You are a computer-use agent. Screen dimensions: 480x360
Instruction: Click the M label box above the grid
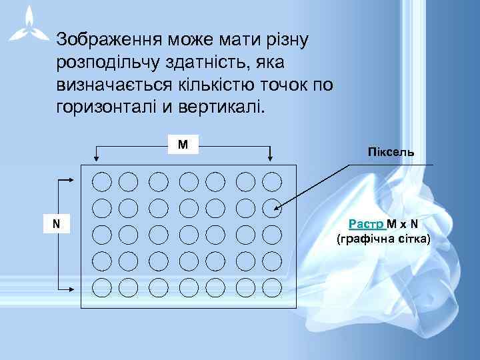183,145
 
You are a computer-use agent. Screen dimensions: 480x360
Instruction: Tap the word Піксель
391,153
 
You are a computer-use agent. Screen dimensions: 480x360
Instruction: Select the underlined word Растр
366,225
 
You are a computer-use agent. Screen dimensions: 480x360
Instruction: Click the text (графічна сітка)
383,239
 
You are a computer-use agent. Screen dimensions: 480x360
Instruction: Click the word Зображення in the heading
107,39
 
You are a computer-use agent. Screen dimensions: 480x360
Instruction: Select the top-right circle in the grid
272,181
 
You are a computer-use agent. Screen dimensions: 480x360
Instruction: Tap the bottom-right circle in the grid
272,287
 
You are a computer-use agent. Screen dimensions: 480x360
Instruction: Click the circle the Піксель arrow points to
272,208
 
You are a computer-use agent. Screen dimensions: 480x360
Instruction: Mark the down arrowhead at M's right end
271,158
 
